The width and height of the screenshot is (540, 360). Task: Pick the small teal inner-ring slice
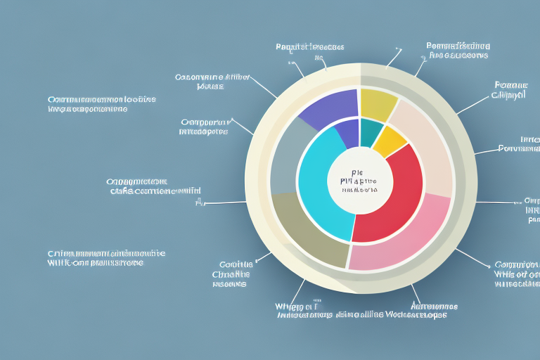click(x=371, y=131)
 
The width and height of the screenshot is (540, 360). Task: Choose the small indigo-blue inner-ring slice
click(x=347, y=134)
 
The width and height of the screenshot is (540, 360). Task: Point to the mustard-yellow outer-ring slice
click(x=378, y=104)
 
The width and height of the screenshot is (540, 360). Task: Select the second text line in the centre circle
click(x=358, y=180)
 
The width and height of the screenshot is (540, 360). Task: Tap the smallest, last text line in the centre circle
click(x=359, y=189)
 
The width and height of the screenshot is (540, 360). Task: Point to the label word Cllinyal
click(x=508, y=95)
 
